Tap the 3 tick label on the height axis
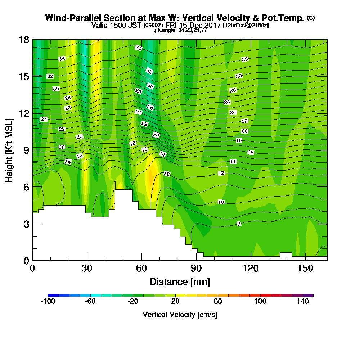click(x=26, y=224)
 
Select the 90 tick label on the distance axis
click(x=196, y=269)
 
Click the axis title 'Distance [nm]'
click(x=179, y=282)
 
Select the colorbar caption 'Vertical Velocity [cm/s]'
click(x=180, y=315)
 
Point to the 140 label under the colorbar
click(x=303, y=302)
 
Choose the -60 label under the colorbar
click(x=90, y=302)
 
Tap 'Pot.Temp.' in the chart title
click(x=286, y=18)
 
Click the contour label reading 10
click(x=221, y=202)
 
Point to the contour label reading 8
click(x=239, y=224)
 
